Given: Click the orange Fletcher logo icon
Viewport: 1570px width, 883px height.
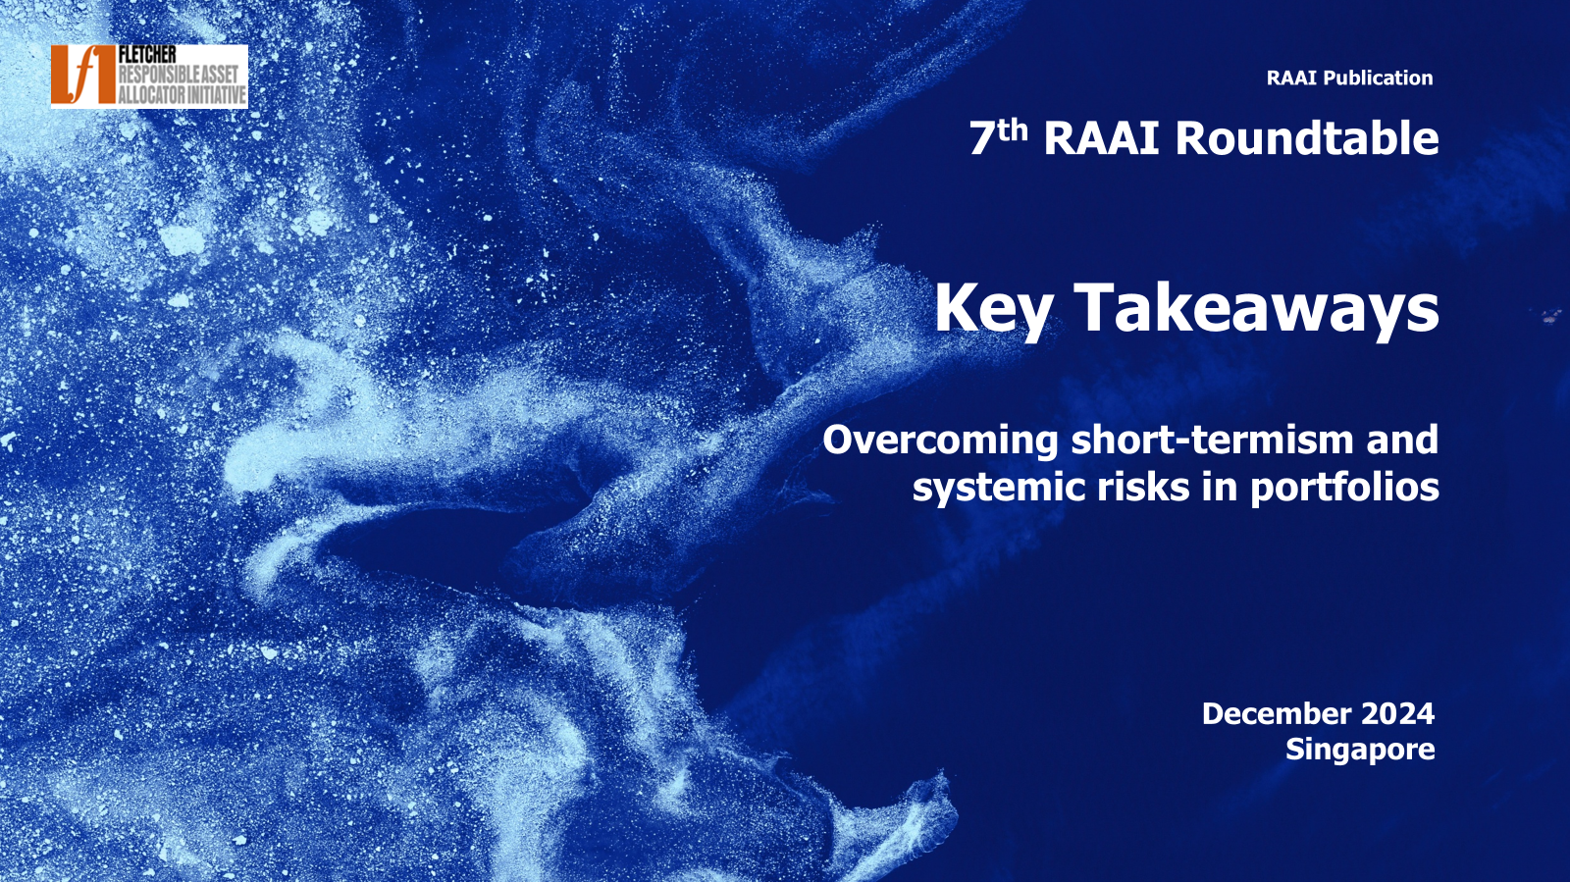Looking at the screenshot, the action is click(x=82, y=76).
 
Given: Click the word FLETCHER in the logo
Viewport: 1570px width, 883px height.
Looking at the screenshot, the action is click(x=147, y=55).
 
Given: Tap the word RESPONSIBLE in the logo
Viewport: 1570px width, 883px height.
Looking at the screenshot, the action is click(x=159, y=75).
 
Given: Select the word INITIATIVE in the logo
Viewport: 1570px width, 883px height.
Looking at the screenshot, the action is click(x=216, y=94).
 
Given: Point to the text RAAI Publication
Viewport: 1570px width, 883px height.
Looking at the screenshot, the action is click(x=1349, y=78).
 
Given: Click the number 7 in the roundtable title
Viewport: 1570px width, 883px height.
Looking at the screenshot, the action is click(x=981, y=138).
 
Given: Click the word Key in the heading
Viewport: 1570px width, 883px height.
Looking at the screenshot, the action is click(x=992, y=309).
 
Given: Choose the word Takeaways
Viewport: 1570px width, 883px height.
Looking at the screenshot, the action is click(x=1256, y=307).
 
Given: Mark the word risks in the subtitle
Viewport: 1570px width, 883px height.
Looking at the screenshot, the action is click(x=1143, y=487).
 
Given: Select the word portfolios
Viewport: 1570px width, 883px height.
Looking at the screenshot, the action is click(x=1345, y=488).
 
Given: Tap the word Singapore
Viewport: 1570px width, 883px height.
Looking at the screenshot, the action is click(x=1360, y=751).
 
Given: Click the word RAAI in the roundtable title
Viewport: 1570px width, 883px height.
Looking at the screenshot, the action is click(x=1101, y=138).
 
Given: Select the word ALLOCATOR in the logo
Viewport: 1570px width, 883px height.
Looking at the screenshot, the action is click(x=151, y=94).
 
